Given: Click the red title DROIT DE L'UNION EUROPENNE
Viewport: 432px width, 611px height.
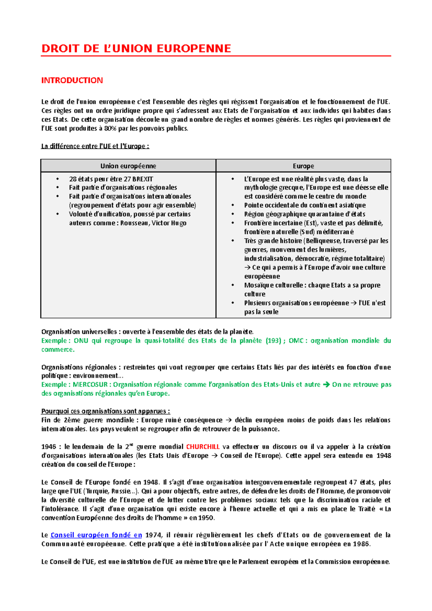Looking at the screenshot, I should (x=136, y=49).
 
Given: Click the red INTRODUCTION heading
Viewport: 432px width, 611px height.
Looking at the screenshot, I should (x=72, y=80).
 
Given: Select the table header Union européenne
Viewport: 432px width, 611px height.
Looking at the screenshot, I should (x=128, y=166).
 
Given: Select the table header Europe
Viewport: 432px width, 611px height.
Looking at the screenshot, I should (x=303, y=166).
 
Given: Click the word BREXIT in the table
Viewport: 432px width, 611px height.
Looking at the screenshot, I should (x=143, y=179).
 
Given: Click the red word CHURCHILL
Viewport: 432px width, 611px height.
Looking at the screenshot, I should (x=203, y=447).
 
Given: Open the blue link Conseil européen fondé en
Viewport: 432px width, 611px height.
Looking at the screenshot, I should (x=96, y=535).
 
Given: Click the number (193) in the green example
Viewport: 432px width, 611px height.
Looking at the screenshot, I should (x=273, y=340).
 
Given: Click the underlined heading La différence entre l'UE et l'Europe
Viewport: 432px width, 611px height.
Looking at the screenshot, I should (x=95, y=146).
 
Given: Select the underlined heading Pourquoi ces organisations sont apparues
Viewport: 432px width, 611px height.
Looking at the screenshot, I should (x=105, y=411).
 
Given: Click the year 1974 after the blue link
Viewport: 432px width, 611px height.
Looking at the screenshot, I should (x=153, y=535).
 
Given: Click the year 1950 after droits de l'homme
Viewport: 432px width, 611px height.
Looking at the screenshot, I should (x=207, y=518).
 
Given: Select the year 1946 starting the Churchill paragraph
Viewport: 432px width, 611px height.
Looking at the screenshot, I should (x=49, y=447).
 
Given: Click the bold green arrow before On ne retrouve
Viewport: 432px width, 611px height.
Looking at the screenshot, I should (x=327, y=384).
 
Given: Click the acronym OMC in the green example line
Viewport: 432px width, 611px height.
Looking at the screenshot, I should (x=296, y=340).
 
